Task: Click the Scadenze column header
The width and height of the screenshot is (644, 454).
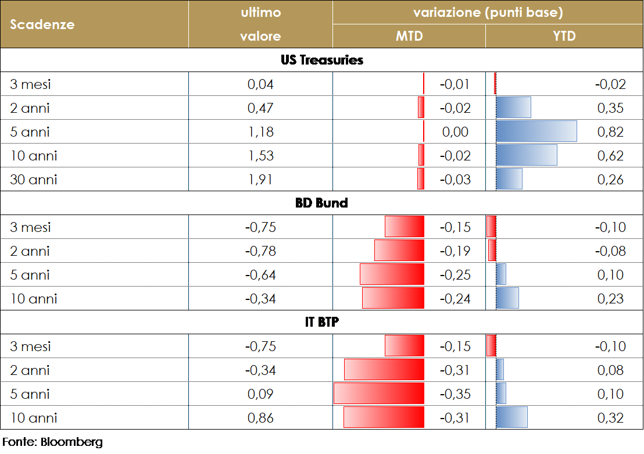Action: tap(42, 24)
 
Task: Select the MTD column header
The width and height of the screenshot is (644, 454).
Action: tap(409, 36)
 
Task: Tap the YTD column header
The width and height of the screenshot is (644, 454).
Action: tap(564, 36)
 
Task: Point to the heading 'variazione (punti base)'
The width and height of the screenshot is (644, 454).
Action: tap(488, 12)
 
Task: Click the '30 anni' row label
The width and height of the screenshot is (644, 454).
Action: tap(34, 180)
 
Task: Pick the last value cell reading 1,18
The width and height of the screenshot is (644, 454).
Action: tap(260, 132)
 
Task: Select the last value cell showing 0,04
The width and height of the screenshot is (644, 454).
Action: tap(260, 84)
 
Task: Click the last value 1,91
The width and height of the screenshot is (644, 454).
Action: tap(260, 180)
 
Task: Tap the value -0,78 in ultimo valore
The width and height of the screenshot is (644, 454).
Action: tap(260, 251)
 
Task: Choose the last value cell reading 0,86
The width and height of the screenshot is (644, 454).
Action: tap(260, 418)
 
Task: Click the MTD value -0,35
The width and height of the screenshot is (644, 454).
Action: tap(455, 394)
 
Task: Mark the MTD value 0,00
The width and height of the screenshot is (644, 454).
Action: tap(455, 132)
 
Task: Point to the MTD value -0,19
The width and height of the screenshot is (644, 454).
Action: tap(455, 251)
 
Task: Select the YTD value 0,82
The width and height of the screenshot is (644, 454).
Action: tap(610, 132)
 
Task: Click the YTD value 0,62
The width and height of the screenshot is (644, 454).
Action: tap(610, 156)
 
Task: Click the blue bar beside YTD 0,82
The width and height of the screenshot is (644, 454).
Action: tap(536, 131)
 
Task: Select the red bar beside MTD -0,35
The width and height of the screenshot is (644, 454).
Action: tap(379, 394)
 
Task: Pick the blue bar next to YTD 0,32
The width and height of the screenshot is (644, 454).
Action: tap(511, 417)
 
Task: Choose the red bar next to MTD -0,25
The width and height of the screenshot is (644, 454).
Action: tap(392, 274)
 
